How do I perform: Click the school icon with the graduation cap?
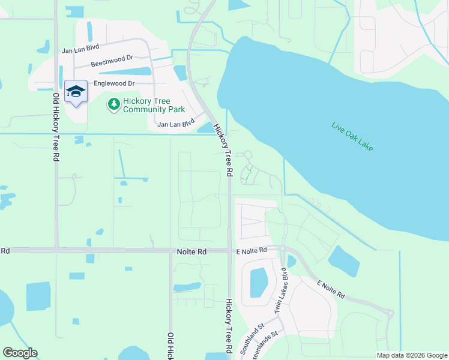(x=76, y=92)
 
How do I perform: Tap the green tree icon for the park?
(x=113, y=105)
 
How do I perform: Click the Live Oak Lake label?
(x=352, y=136)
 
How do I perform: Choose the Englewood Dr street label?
(x=113, y=83)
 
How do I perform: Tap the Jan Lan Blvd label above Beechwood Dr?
(x=80, y=49)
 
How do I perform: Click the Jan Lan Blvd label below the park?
(x=176, y=124)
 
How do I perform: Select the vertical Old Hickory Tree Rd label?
(x=47, y=127)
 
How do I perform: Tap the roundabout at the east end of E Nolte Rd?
(x=390, y=313)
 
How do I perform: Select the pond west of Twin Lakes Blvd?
(x=258, y=282)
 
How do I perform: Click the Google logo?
(x=20, y=353)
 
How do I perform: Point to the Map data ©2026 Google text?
(x=411, y=355)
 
